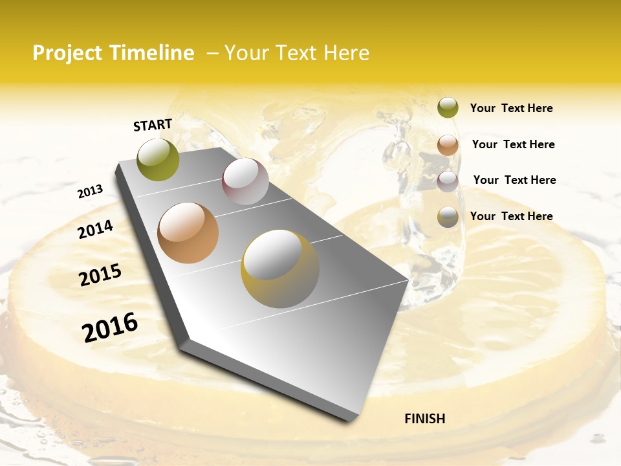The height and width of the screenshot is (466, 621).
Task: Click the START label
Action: tap(153, 125)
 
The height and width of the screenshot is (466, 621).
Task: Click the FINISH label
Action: tap(424, 419)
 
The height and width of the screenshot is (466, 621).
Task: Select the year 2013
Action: tap(90, 191)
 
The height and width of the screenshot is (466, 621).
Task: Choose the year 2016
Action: tap(110, 327)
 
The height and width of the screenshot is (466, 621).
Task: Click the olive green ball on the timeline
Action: tap(158, 159)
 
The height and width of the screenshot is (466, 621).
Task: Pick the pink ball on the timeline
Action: tap(245, 181)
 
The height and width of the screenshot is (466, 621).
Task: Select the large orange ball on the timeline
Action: tap(188, 233)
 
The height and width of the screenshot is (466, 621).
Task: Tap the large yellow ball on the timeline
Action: tap(279, 269)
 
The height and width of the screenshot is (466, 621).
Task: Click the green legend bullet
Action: tap(448, 108)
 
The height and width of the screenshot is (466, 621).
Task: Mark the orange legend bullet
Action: tap(448, 145)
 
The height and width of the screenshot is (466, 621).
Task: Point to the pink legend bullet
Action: tap(448, 181)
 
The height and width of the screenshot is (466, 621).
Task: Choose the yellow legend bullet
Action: tap(448, 217)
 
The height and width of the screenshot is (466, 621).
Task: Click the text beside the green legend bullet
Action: tap(511, 108)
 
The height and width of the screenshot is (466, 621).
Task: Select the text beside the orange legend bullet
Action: tap(513, 144)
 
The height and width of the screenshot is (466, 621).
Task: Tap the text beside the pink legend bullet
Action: tap(514, 180)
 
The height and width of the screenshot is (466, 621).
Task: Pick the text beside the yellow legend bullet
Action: tap(511, 216)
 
